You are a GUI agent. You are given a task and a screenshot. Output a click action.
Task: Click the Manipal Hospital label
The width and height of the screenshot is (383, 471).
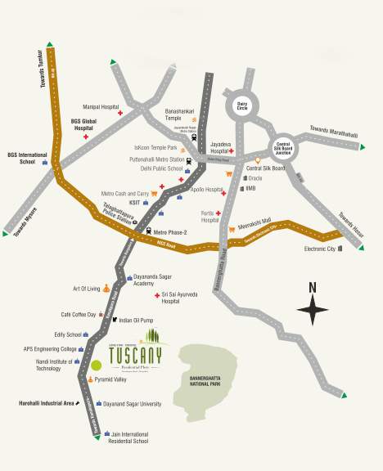(99, 107)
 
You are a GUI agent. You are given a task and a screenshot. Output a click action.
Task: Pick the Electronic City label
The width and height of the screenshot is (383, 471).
(319, 248)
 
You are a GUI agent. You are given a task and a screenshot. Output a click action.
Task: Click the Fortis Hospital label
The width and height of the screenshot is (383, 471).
(210, 216)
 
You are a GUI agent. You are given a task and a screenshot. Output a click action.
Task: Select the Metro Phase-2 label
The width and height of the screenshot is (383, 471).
(170, 232)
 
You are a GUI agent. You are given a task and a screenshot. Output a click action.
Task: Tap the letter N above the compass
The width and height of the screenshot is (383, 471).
(312, 287)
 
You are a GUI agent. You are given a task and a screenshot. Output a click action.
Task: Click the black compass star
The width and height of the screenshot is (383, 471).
(312, 311)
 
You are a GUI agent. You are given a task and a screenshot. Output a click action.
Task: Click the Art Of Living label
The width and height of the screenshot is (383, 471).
(86, 289)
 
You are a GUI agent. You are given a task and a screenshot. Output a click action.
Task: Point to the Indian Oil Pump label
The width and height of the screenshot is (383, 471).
(137, 320)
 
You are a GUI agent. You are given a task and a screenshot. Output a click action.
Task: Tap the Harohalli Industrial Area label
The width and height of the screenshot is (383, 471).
(47, 403)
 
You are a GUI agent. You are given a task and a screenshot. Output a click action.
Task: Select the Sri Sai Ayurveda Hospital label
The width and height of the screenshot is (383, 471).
(182, 297)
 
